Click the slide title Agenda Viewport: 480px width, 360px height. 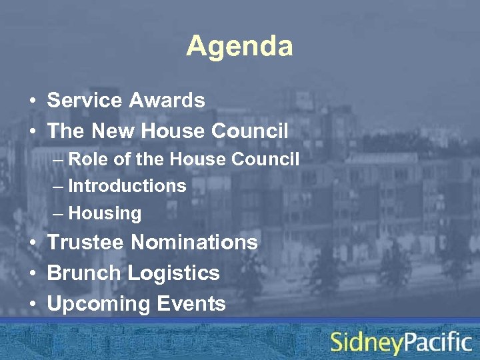pos(239,47)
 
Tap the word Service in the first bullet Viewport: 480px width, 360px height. pos(85,101)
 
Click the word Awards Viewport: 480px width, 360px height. pos(167,101)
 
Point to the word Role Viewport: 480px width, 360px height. pos(86,159)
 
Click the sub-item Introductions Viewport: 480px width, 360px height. pos(127,186)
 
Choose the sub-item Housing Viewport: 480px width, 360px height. pos(105,214)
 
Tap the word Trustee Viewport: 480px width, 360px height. pos(85,242)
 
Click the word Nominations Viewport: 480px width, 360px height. pos(194,242)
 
